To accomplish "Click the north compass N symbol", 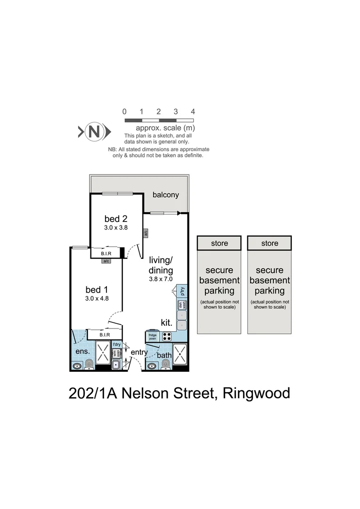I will pos(94,131).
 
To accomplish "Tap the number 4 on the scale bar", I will pos(193,112).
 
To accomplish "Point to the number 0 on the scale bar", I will pos(124,112).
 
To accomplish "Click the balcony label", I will pos(165,195).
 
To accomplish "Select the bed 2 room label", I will pos(116,219).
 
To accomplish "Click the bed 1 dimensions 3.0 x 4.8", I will pos(98,298).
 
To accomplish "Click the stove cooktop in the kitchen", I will pos(167,336).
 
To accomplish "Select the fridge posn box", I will pos(153,337).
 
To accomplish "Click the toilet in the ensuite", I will pos(89,363).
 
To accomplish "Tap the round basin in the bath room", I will pos(152,366).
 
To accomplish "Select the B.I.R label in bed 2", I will pos(106,254).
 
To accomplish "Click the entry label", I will pos(139,352).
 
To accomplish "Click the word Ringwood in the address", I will pos(256,393).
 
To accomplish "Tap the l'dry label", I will pos(116,345).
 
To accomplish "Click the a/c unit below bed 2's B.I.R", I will pos(106,261).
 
